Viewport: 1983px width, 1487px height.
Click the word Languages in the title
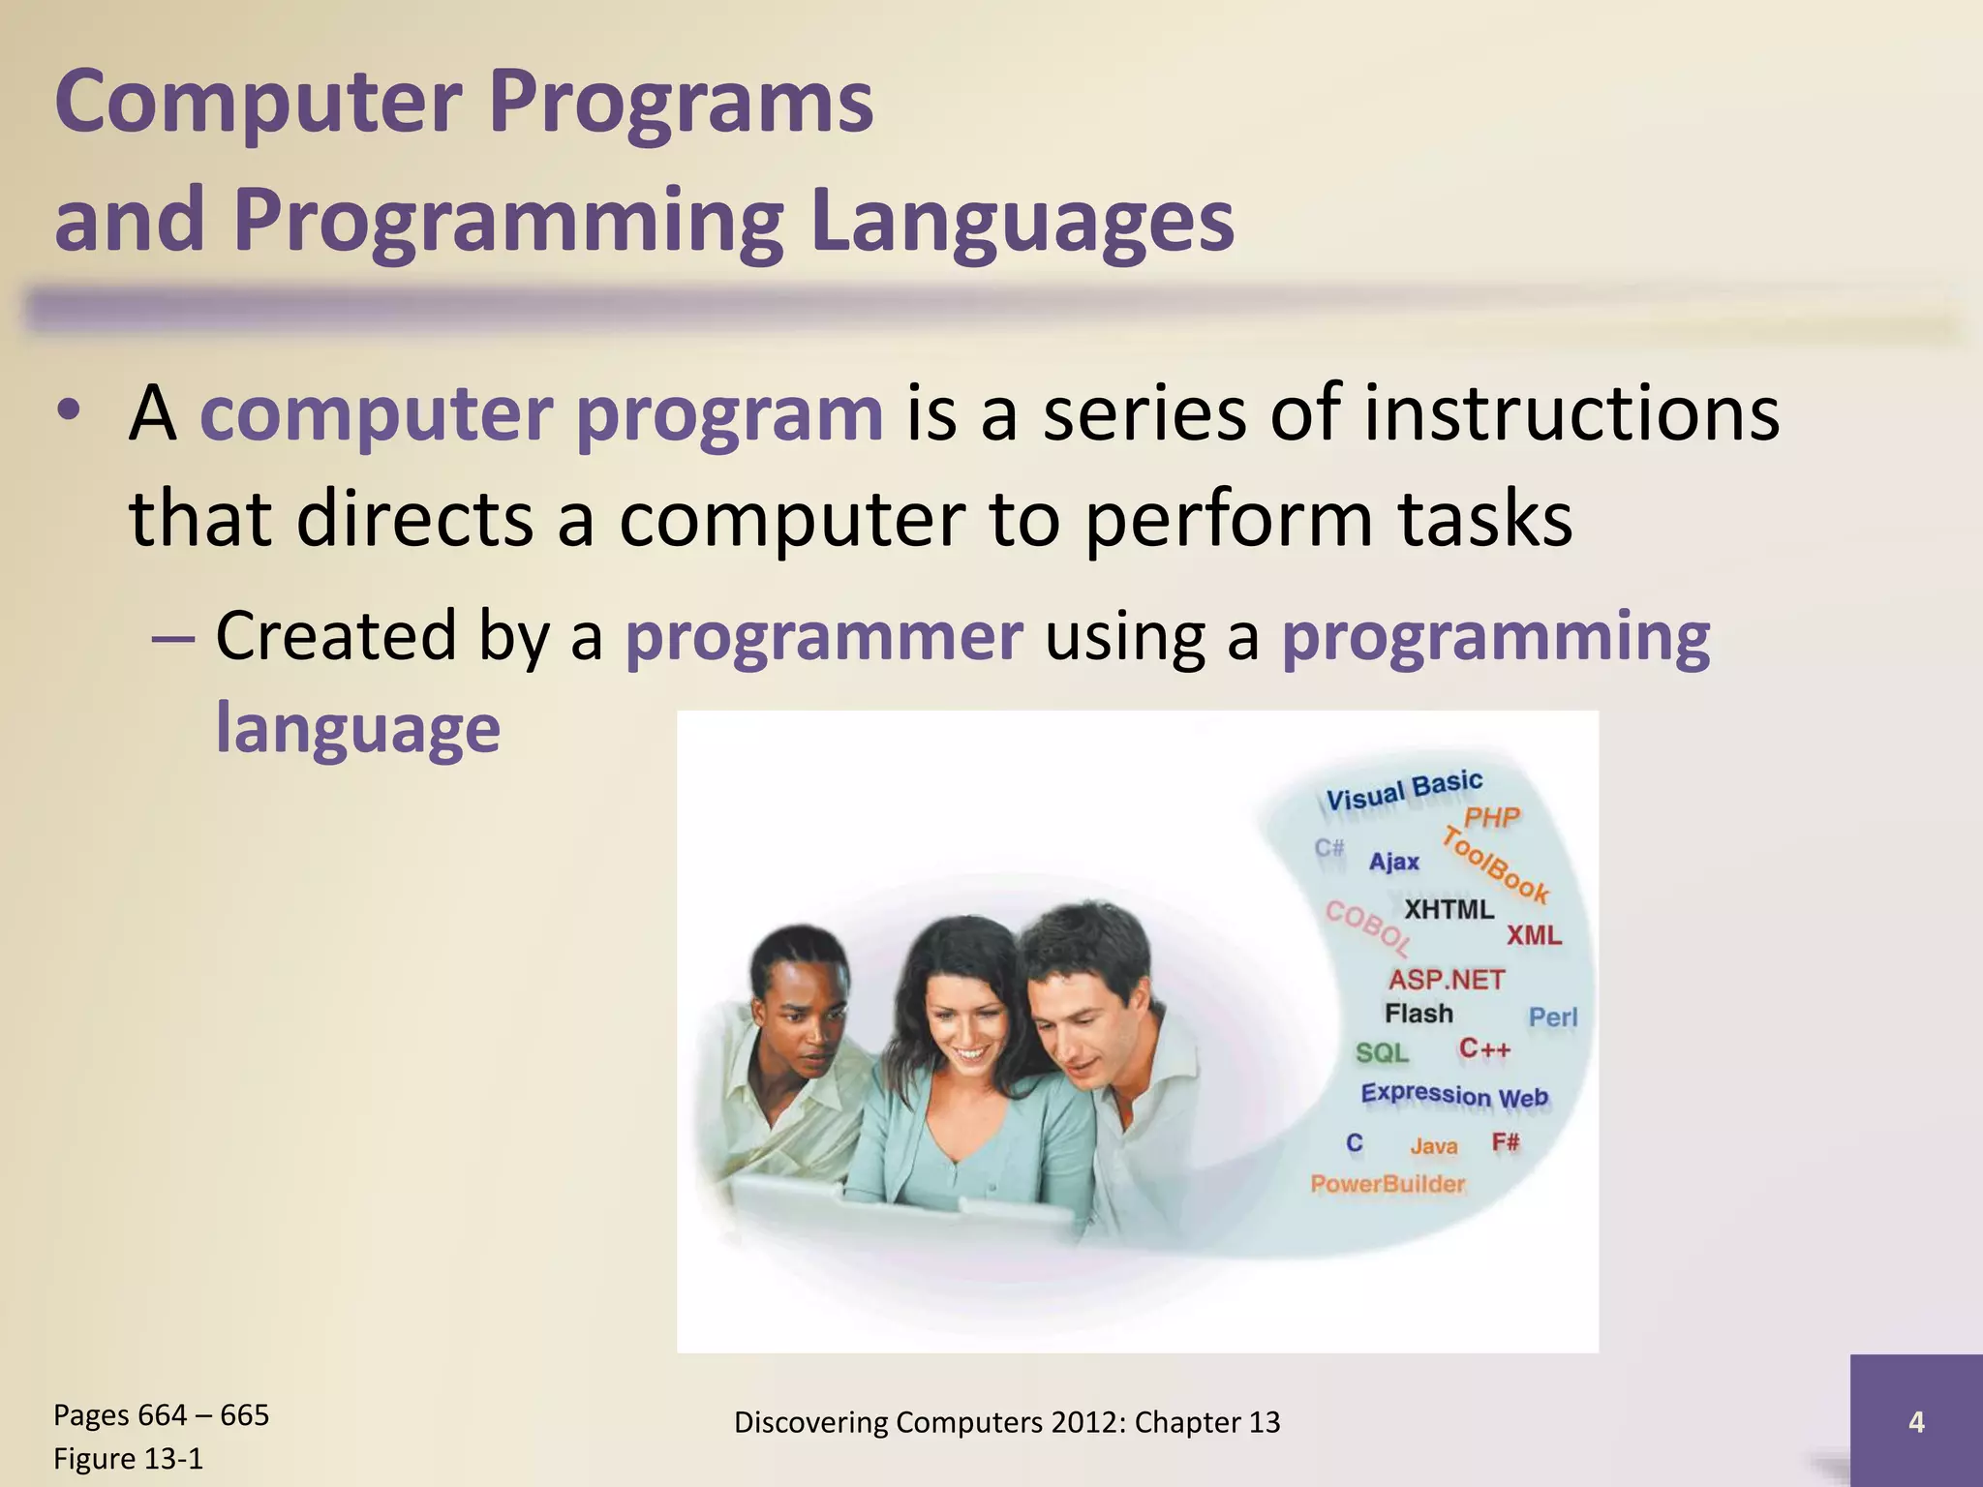point(1022,221)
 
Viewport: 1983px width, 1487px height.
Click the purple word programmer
point(824,637)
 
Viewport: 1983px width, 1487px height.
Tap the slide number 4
point(1915,1421)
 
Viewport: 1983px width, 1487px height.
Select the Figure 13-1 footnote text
point(128,1458)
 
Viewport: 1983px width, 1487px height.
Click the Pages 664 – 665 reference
point(161,1414)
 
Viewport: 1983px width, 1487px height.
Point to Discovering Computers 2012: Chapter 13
point(1007,1421)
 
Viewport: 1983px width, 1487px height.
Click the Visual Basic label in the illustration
point(1403,790)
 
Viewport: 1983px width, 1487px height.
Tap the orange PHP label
point(1491,818)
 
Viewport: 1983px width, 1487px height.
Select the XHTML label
point(1449,909)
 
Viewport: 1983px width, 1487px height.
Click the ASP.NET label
point(1447,980)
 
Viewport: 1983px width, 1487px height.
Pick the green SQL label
point(1382,1052)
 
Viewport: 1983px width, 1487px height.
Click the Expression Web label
point(1454,1095)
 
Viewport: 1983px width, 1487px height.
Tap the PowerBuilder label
point(1388,1183)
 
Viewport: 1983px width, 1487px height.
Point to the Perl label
point(1552,1017)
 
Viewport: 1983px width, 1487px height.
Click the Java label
point(1433,1146)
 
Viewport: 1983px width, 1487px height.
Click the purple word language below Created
point(357,728)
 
